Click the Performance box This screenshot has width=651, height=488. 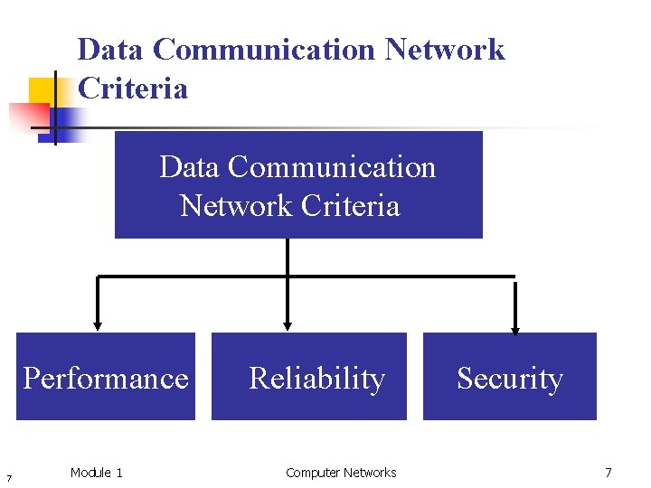tap(106, 377)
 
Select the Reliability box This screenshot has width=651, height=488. tap(309, 377)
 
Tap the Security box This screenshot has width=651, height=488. tap(510, 377)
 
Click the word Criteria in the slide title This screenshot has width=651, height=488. tap(133, 89)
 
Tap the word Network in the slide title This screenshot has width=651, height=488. tap(444, 49)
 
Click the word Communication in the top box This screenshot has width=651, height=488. tap(332, 167)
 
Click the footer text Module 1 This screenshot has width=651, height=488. tap(96, 473)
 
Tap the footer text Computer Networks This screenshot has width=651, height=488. tap(341, 473)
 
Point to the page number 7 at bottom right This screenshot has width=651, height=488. tap(609, 473)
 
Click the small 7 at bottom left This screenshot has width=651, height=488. tap(8, 477)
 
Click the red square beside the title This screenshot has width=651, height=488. tap(27, 116)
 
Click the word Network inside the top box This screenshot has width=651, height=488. tap(238, 206)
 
